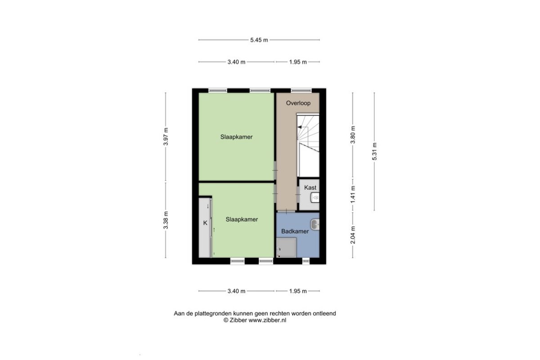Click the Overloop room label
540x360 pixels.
coord(298,103)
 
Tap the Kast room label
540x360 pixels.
coord(310,188)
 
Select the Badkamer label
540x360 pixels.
coord(295,231)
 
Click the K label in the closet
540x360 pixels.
coord(205,223)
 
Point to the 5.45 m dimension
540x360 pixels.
coord(259,40)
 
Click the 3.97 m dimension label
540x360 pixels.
coord(166,136)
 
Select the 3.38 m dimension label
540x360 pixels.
coord(166,220)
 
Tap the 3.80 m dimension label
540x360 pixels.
coord(353,135)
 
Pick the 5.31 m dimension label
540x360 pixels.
coord(374,152)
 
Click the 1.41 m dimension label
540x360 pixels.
coord(353,194)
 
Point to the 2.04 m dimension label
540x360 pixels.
coord(353,235)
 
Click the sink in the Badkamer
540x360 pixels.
coord(315,225)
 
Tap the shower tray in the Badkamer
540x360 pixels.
coord(286,247)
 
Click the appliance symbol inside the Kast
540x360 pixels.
coord(315,198)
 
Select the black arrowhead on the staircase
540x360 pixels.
coord(300,127)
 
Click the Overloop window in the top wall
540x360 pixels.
coord(301,90)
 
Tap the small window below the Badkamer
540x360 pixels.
coord(306,261)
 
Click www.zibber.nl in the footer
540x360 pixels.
coord(267,320)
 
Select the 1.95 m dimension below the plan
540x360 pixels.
coord(298,291)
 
